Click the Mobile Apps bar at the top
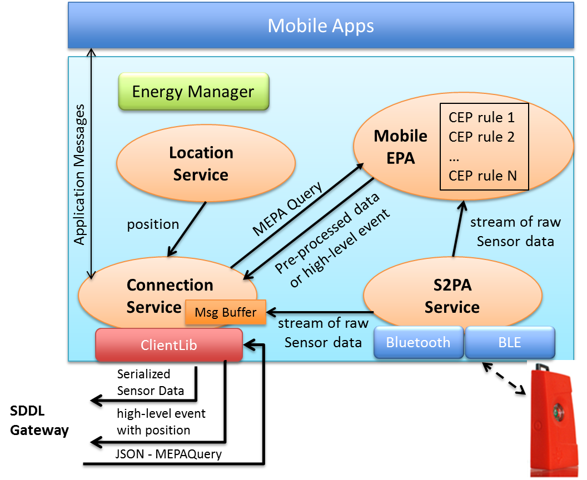[x=321, y=26]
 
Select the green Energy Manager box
[x=193, y=92]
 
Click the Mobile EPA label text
[x=401, y=147]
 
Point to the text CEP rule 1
[x=481, y=117]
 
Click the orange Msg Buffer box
[x=225, y=312]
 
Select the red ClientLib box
[x=169, y=345]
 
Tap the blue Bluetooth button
[x=418, y=342]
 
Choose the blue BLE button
[x=510, y=342]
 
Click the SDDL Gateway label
[x=39, y=421]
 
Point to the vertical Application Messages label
[x=80, y=174]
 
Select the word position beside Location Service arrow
[x=153, y=224]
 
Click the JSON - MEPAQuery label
[x=169, y=454]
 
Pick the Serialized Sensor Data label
[x=150, y=382]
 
